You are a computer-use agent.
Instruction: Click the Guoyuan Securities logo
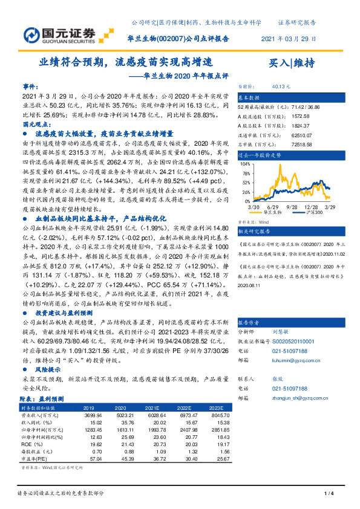[59, 34]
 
